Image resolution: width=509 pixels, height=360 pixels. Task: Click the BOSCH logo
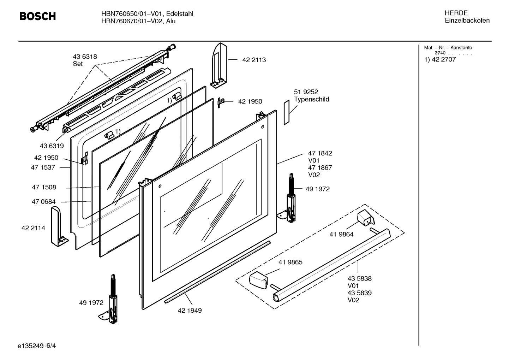[x=37, y=16]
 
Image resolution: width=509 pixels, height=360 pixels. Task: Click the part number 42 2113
[x=254, y=60]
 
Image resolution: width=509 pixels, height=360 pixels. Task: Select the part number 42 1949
[x=190, y=311]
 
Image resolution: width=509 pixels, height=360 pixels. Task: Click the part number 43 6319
[x=52, y=146]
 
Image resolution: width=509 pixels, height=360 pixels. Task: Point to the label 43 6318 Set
[x=85, y=60]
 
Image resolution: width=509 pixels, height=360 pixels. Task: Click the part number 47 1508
[x=44, y=187]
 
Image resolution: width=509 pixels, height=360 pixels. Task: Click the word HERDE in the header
[x=456, y=13]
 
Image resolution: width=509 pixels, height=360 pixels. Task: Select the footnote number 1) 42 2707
[x=440, y=60]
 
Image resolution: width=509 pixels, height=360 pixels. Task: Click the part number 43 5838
[x=359, y=278]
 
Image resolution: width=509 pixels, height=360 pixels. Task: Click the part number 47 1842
[x=320, y=153]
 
